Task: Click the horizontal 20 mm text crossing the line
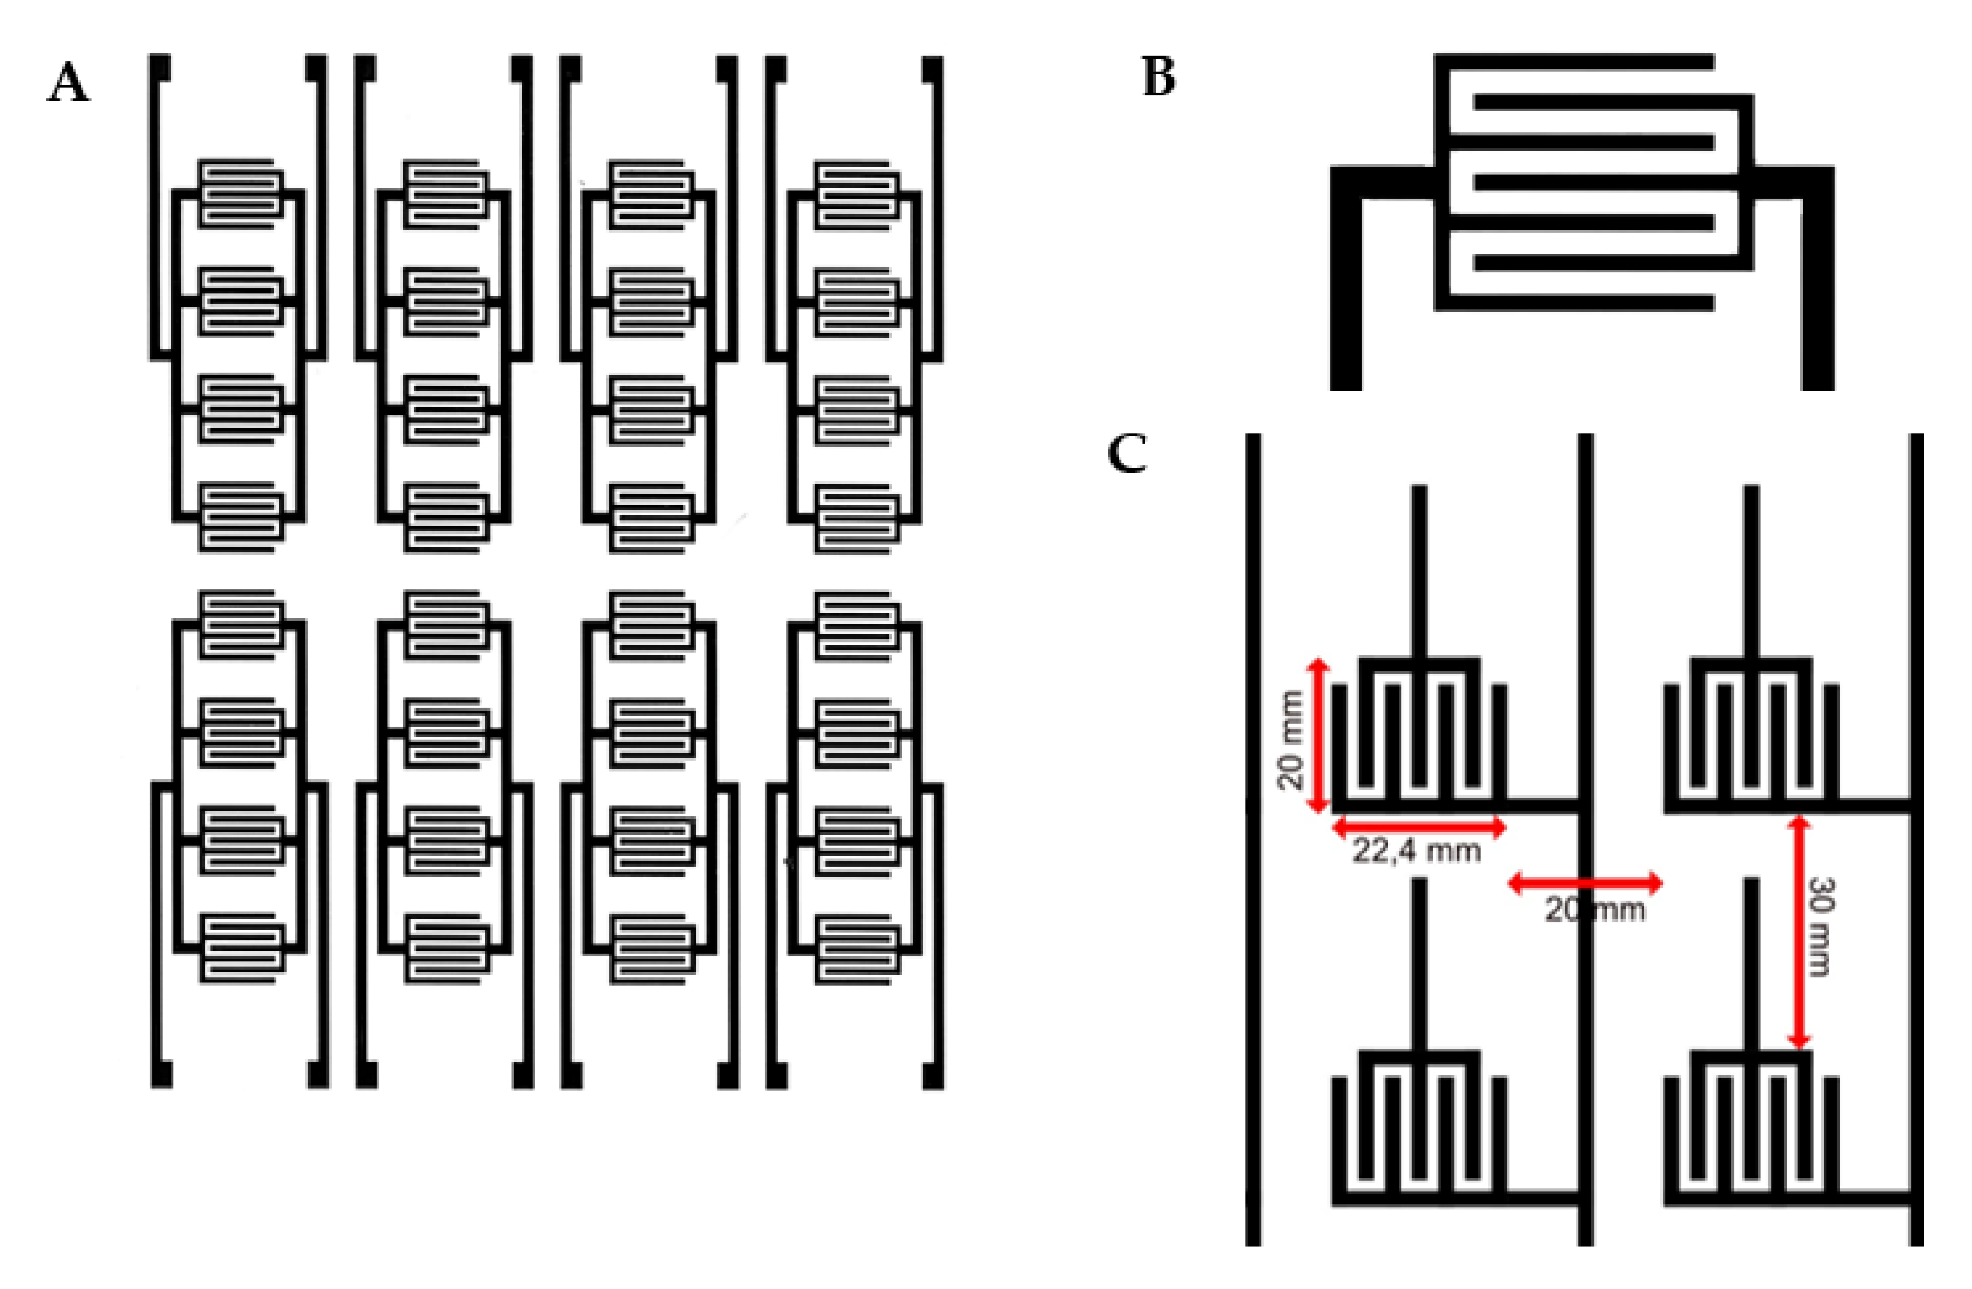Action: point(1595,910)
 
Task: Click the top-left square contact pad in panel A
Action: point(160,68)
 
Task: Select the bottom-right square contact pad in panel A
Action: point(934,1075)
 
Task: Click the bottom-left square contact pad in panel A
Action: point(162,1075)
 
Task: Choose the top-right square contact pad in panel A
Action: point(933,68)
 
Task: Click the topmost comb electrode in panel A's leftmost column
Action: point(239,192)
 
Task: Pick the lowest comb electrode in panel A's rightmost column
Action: point(855,949)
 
